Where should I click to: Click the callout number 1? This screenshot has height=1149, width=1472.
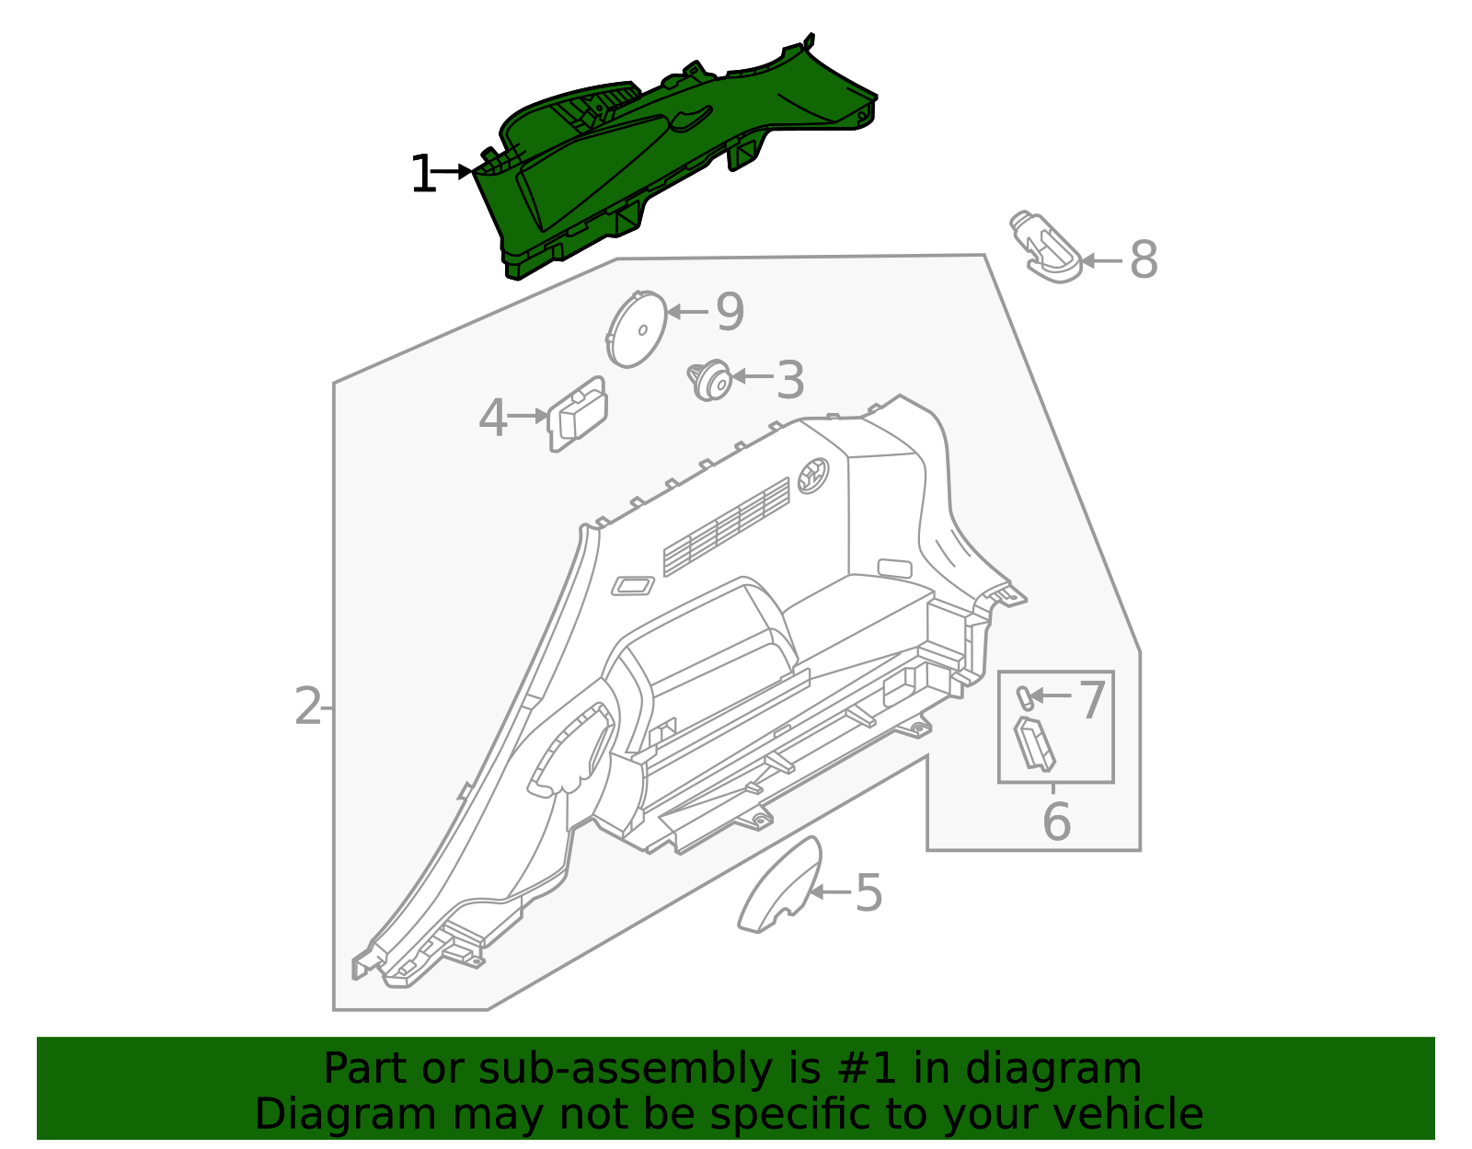(x=422, y=175)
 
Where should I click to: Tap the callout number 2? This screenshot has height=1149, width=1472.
(x=308, y=707)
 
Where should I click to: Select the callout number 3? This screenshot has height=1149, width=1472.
(x=789, y=380)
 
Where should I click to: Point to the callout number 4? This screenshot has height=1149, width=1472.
(x=492, y=419)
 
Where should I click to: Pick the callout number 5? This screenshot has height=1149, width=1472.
(x=868, y=893)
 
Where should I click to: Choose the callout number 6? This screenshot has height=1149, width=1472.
(x=1056, y=822)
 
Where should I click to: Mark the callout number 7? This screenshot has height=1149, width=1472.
(x=1091, y=700)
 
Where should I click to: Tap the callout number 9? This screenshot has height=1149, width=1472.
(x=729, y=312)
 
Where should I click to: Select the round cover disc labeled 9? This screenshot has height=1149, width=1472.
(x=637, y=329)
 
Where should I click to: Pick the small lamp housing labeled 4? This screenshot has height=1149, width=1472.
(x=578, y=414)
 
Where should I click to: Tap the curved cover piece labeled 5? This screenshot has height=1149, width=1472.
(x=779, y=888)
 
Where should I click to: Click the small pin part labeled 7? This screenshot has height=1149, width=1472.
(x=1022, y=696)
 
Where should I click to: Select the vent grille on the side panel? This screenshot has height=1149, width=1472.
(x=727, y=526)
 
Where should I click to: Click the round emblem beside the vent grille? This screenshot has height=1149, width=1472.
(x=813, y=475)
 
